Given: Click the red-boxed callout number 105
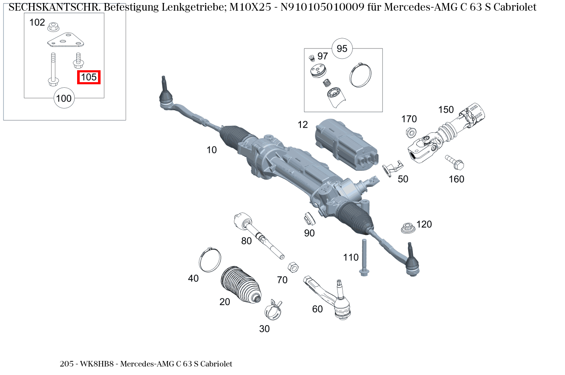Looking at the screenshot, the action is [89, 77].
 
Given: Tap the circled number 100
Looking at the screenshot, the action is [64, 99].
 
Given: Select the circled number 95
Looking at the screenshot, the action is [342, 49].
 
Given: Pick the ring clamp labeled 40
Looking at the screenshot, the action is [210, 260].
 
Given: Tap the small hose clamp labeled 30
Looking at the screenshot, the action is [274, 311].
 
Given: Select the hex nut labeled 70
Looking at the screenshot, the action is [293, 266].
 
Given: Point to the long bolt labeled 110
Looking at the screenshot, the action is [364, 258].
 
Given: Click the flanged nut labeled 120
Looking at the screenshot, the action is [408, 228].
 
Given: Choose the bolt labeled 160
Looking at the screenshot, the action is [455, 162].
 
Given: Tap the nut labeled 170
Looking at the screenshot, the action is [410, 132].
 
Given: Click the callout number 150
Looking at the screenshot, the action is [446, 110].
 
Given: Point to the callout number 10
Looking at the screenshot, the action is [212, 150].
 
